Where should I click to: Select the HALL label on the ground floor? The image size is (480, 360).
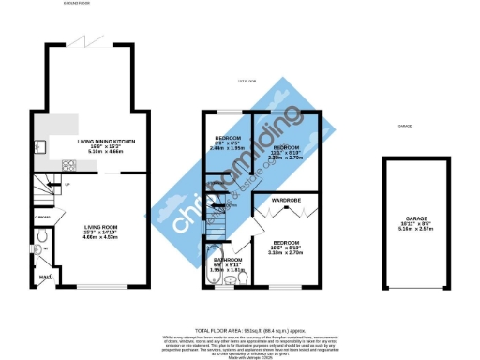(x=43, y=277)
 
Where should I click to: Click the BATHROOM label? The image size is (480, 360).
(x=228, y=259)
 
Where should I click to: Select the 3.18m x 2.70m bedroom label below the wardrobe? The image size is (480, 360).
(x=286, y=252)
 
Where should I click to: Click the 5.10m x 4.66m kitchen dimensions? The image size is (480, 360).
(x=103, y=152)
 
